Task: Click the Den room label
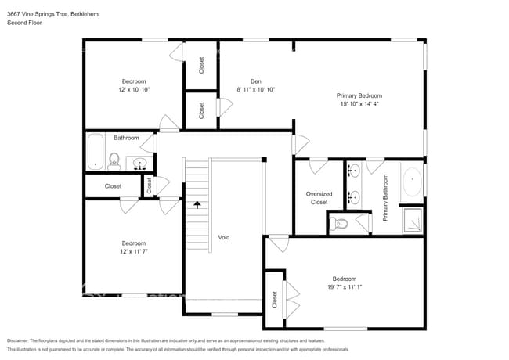coord(255,81)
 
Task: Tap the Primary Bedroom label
coord(359,95)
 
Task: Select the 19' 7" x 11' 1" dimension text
coord(345,287)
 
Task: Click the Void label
coord(223,236)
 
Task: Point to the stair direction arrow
coord(197,206)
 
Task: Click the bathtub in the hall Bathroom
coord(96,152)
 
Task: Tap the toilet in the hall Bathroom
coord(114,162)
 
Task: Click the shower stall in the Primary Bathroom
coord(412,221)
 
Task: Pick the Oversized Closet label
coord(318,198)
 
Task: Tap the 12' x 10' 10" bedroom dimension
coord(133,90)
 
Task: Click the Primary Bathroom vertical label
coord(385,197)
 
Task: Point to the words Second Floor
coord(24,23)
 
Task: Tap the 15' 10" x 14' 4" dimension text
coord(359,103)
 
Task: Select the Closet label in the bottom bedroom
coord(274,299)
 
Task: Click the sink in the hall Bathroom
coord(140,163)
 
